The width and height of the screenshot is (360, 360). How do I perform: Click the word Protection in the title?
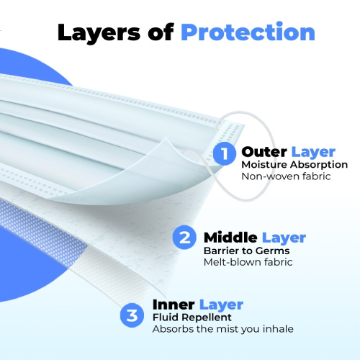[248, 32]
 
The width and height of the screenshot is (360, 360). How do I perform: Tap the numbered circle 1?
[225, 153]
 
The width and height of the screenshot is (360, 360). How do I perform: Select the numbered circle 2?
[184, 238]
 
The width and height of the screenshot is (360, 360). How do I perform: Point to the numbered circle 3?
[132, 315]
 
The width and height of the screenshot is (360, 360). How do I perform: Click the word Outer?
[264, 152]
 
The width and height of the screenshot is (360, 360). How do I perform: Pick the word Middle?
[230, 238]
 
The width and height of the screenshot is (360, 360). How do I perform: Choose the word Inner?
[174, 305]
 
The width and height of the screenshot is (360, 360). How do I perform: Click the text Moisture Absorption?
[294, 165]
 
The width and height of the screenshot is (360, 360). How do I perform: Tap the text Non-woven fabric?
[286, 176]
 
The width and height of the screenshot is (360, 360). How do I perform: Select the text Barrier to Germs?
[247, 251]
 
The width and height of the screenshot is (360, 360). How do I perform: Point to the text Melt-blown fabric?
[248, 262]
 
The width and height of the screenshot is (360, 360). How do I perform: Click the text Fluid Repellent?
[192, 318]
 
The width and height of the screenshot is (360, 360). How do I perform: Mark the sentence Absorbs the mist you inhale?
[223, 329]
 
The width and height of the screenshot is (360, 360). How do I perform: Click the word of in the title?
[161, 32]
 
